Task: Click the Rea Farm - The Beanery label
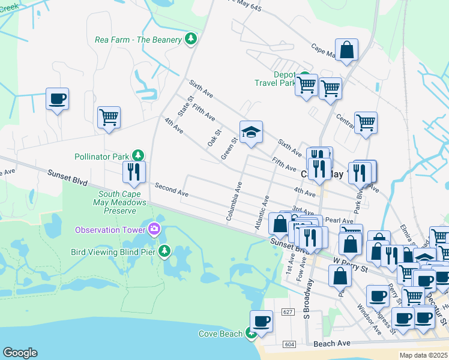(138, 40)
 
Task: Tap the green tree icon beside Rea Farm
(191, 40)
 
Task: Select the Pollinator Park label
(102, 157)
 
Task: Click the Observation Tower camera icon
(154, 229)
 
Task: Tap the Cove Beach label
(221, 334)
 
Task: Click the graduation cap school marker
(252, 133)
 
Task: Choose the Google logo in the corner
(20, 353)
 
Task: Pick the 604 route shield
(290, 344)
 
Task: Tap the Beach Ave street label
(331, 344)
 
